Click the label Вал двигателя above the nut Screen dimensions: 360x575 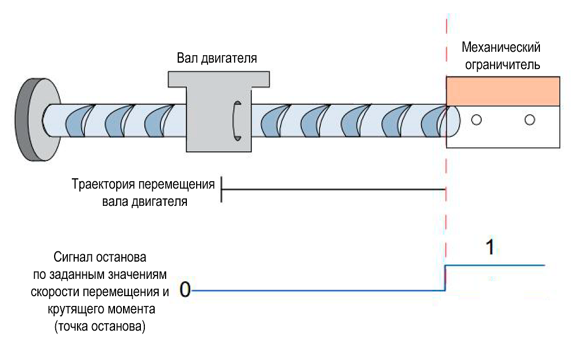click(217, 59)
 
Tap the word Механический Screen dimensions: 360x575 click(502, 47)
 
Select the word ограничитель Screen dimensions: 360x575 click(502, 64)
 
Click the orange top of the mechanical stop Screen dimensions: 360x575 click(503, 91)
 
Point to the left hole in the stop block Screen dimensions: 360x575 click(476, 120)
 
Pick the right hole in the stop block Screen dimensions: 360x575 click(530, 120)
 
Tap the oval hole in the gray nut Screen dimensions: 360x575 click(236, 120)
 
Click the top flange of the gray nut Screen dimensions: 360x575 click(218, 79)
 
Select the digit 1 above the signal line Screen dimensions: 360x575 click(489, 248)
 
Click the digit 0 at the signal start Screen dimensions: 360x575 click(185, 289)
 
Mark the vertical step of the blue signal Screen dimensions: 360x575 click(446, 278)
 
